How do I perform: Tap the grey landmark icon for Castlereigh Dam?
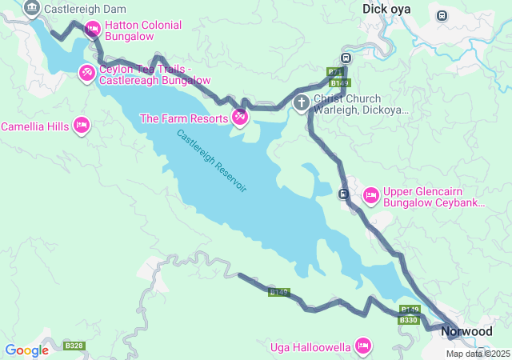pyautogui.click(x=31, y=9)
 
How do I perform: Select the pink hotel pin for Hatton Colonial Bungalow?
pyautogui.click(x=92, y=30)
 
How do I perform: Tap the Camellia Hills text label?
pyautogui.click(x=34, y=126)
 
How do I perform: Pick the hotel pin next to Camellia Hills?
pyautogui.click(x=81, y=125)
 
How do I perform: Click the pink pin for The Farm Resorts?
pyautogui.click(x=240, y=118)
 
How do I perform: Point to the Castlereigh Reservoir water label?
pyautogui.click(x=212, y=160)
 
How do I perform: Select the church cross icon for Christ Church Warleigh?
pyautogui.click(x=302, y=102)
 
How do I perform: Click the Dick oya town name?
pyautogui.click(x=386, y=9)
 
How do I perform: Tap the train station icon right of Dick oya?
pyautogui.click(x=442, y=15)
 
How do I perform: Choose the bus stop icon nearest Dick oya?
pyautogui.click(x=345, y=58)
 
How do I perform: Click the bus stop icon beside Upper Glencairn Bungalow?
pyautogui.click(x=343, y=194)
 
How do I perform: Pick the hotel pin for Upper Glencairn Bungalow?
pyautogui.click(x=370, y=194)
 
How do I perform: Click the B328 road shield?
pyautogui.click(x=74, y=346)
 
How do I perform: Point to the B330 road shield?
pyautogui.click(x=408, y=320)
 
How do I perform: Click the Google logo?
pyautogui.click(x=26, y=350)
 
